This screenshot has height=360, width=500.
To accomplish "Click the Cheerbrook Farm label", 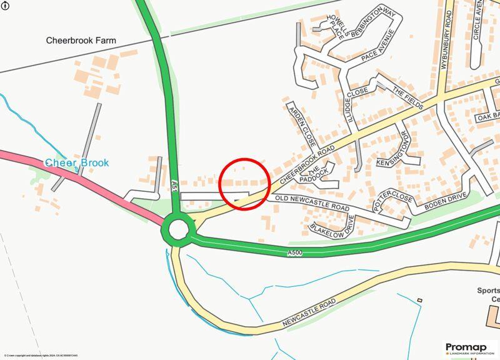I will pos(81,41).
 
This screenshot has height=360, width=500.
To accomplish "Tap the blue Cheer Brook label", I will pos(76,163).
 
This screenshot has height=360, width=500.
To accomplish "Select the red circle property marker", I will pos(244,184).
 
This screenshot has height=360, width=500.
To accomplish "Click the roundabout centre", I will pos(178,229).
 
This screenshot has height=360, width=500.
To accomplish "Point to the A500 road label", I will pos(295,252).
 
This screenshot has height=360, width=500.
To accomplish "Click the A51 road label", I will pos(175,186).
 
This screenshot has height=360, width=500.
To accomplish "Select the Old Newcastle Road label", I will pos(312,204).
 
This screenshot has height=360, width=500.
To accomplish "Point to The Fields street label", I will pos(407,97).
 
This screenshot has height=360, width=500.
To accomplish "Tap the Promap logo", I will pos(470,348).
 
